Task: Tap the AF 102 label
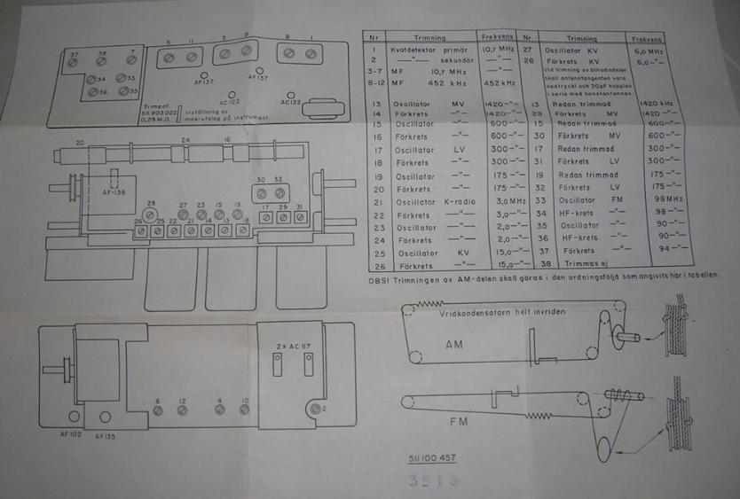[x=70, y=434]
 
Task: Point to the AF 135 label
[x=106, y=435]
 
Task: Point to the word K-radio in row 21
[x=459, y=202]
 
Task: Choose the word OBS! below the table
[x=379, y=277]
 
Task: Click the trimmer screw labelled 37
[x=75, y=63]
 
